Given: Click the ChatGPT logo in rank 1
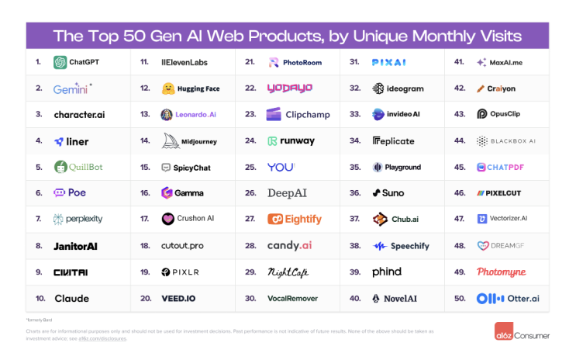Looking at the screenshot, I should click(x=60, y=63).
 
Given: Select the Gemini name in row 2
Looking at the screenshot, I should click(x=71, y=89).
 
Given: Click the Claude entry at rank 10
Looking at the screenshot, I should click(x=71, y=298).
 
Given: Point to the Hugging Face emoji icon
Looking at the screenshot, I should click(x=167, y=89).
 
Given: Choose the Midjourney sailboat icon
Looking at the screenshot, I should click(x=168, y=140).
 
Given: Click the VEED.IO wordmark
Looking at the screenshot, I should click(x=178, y=298).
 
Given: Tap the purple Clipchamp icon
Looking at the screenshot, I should click(x=273, y=115).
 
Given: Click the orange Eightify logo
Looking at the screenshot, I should click(x=295, y=220).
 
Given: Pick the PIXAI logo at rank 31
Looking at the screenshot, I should click(x=390, y=62).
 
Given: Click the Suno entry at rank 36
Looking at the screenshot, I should click(x=388, y=193).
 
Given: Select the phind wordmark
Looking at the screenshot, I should click(x=387, y=272).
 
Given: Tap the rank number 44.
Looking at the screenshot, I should click(x=459, y=141).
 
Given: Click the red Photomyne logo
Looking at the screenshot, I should click(x=502, y=272).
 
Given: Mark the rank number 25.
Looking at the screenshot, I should click(x=250, y=167).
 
